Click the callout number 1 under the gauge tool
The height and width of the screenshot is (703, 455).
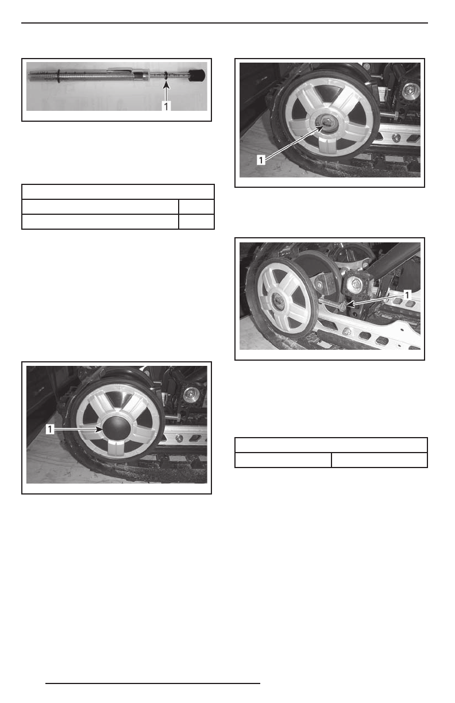(x=165, y=106)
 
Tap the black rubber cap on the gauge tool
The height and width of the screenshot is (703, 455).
(x=198, y=75)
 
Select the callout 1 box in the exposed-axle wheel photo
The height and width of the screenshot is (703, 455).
(x=261, y=160)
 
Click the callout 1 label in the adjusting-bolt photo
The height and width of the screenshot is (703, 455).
(x=407, y=293)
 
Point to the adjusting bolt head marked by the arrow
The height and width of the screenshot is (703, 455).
(x=344, y=308)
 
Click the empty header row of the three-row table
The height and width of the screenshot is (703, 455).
(x=118, y=192)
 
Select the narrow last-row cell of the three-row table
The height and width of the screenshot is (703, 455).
(x=196, y=222)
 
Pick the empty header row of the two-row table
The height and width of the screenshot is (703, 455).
(x=331, y=445)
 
